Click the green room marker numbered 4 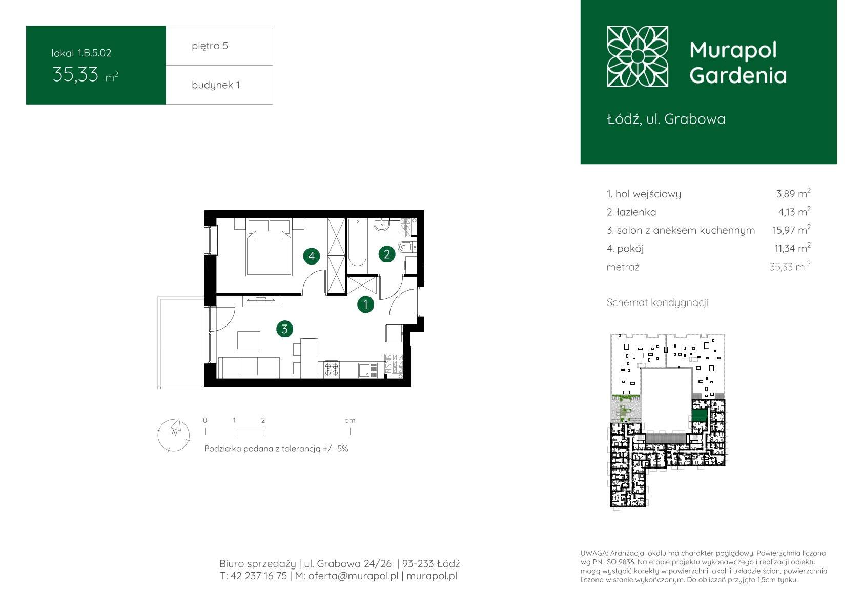tap(311, 256)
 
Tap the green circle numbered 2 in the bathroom tap(387, 254)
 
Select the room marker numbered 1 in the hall tap(365, 304)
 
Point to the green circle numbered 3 tap(285, 329)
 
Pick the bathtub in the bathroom tap(357, 242)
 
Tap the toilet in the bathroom tap(407, 246)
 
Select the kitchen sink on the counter tap(368, 370)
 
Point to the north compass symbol tap(174, 435)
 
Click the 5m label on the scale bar tap(350, 420)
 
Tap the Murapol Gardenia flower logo tap(638, 56)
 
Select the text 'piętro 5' tap(210, 46)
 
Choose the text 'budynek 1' tap(216, 85)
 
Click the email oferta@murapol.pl tap(353, 576)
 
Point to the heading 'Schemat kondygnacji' tap(657, 302)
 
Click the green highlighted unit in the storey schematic tap(700, 415)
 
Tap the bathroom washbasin tap(382, 225)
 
